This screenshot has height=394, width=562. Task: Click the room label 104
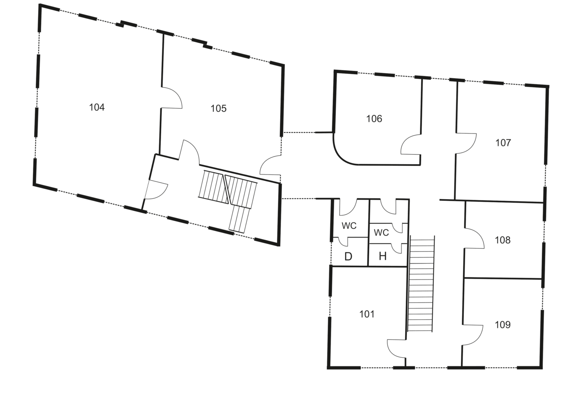click(x=97, y=107)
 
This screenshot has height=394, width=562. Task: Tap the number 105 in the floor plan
click(x=218, y=108)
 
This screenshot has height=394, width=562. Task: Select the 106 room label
click(x=374, y=118)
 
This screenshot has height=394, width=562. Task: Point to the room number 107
click(x=503, y=143)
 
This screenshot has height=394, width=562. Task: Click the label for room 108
click(x=503, y=240)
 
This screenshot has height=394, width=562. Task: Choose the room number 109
click(x=503, y=325)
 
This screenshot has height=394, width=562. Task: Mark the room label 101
click(x=367, y=314)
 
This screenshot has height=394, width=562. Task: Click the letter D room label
click(x=348, y=257)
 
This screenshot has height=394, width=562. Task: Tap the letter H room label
click(x=383, y=257)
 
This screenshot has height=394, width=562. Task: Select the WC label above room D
click(x=349, y=226)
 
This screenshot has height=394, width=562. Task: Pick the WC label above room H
click(x=381, y=233)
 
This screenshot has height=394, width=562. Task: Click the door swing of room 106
click(x=411, y=145)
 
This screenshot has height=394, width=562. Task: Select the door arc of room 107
click(x=466, y=143)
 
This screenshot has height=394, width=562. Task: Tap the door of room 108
click(x=474, y=238)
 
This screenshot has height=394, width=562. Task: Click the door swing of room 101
click(x=396, y=349)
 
